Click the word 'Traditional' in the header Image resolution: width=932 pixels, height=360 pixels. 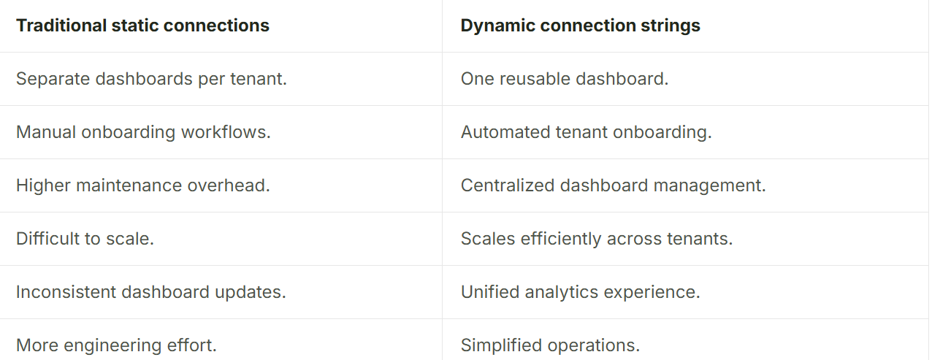61,26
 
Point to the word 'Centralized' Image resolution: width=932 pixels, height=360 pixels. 508,185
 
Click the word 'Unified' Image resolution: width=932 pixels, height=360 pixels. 490,292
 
